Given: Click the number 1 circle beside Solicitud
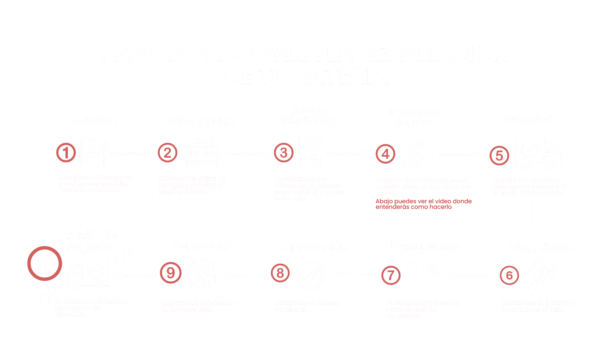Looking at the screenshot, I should (x=66, y=153).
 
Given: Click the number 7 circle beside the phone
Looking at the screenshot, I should (x=391, y=275).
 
